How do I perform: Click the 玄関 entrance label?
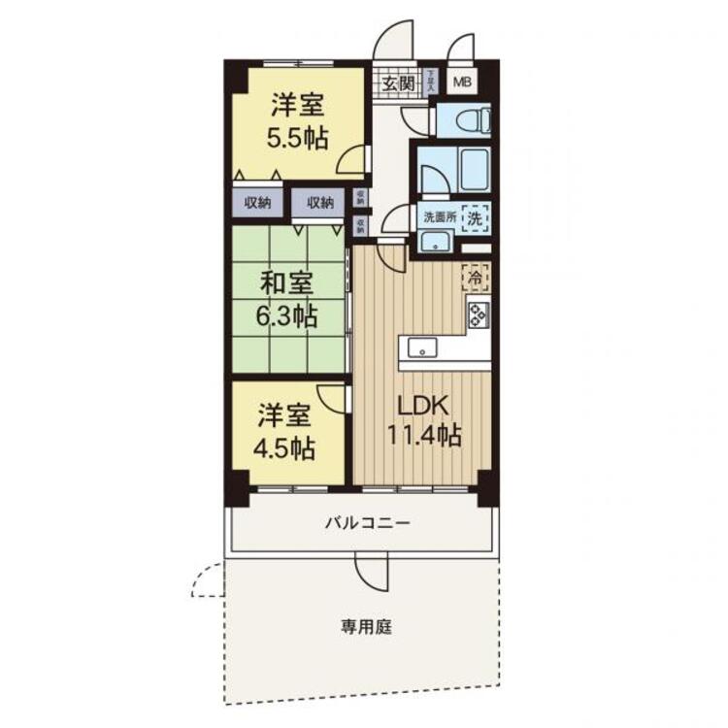click(x=398, y=83)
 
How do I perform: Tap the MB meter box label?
click(x=459, y=83)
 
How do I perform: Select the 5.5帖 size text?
click(x=296, y=137)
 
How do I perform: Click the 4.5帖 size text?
click(x=284, y=448)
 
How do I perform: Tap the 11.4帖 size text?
click(x=420, y=436)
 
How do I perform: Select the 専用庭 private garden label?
click(x=365, y=627)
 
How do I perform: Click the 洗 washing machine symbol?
click(x=475, y=218)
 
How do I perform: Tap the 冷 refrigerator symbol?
click(x=476, y=277)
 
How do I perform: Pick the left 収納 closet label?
click(x=257, y=203)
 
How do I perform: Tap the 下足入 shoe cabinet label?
click(x=432, y=82)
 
